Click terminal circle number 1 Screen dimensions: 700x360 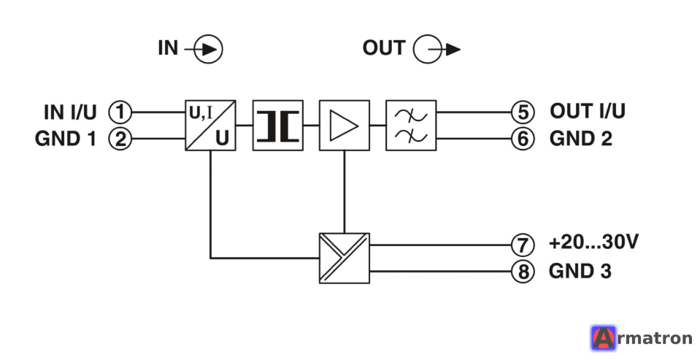coord(120,112)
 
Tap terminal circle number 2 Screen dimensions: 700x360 coord(120,139)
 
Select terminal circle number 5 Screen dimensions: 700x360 coord(523,112)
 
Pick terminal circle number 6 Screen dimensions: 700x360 coord(523,139)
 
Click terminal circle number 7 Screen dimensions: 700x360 coord(523,245)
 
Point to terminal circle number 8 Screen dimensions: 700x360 coord(523,271)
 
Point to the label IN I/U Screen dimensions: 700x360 coord(70,112)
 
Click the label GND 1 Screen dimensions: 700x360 coord(66,139)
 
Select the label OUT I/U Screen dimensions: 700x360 coord(588,111)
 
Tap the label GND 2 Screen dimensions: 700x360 coord(581,139)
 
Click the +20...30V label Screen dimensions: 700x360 coord(593,242)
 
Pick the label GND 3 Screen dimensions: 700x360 coord(580,271)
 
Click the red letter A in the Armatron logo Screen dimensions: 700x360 coord(603,338)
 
